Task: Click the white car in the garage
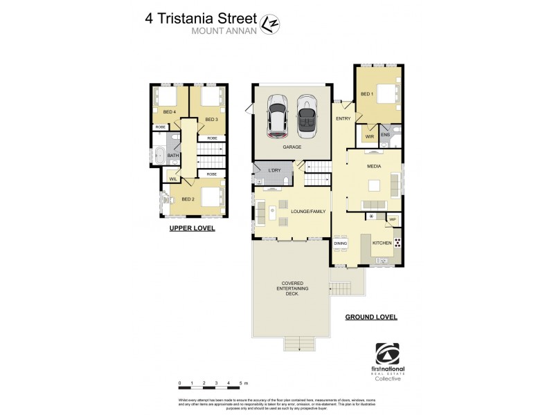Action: pyautogui.click(x=278, y=116)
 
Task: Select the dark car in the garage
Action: pyautogui.click(x=306, y=116)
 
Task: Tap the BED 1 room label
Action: pyautogui.click(x=366, y=93)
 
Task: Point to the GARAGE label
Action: pyautogui.click(x=291, y=147)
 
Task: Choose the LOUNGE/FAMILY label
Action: pyautogui.click(x=308, y=212)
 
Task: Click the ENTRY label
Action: pyautogui.click(x=343, y=119)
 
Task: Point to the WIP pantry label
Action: pyautogui.click(x=392, y=220)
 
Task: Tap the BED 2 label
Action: pyautogui.click(x=188, y=199)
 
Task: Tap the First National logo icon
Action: pyautogui.click(x=387, y=353)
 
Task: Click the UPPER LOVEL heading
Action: pyautogui.click(x=192, y=228)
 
